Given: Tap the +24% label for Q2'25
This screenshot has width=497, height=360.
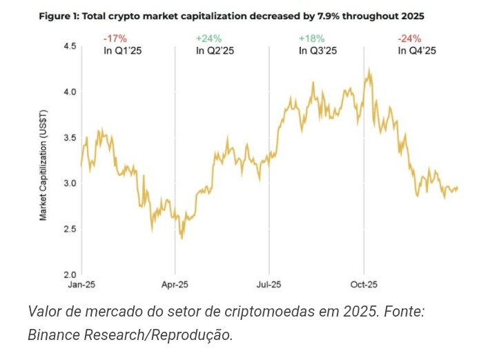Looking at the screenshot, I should [x=208, y=39].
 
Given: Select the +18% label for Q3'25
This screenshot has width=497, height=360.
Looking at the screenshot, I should [x=311, y=39].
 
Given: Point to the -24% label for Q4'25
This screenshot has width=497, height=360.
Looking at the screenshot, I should [x=410, y=39].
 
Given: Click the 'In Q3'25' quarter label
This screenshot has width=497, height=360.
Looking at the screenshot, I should [x=318, y=50].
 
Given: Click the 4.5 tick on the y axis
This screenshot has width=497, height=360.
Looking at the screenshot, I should [x=69, y=46].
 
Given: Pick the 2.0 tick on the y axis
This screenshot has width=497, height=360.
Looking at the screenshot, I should [x=69, y=274].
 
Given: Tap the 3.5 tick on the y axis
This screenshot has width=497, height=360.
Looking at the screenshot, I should [x=69, y=138].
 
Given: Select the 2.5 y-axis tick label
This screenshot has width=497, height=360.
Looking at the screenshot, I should [x=69, y=229].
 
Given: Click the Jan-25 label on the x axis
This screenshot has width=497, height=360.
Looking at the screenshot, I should [x=81, y=283].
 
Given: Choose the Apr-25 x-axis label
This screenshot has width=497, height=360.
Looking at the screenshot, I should [x=175, y=283].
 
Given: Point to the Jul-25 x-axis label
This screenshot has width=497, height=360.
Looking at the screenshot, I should [x=269, y=283].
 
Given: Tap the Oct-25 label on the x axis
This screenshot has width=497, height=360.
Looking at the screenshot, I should [x=363, y=283].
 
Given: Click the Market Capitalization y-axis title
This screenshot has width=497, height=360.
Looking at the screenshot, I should [x=43, y=166].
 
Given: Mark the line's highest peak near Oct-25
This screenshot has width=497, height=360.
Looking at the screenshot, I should [x=371, y=68].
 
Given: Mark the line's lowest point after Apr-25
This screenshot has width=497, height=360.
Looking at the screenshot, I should [x=182, y=239].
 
